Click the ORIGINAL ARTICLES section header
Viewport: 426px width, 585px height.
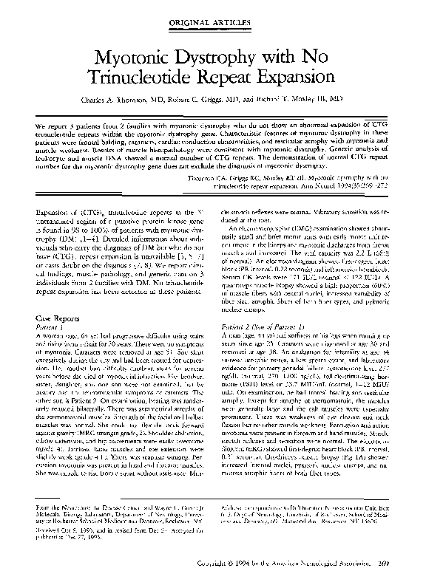(212, 23)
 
